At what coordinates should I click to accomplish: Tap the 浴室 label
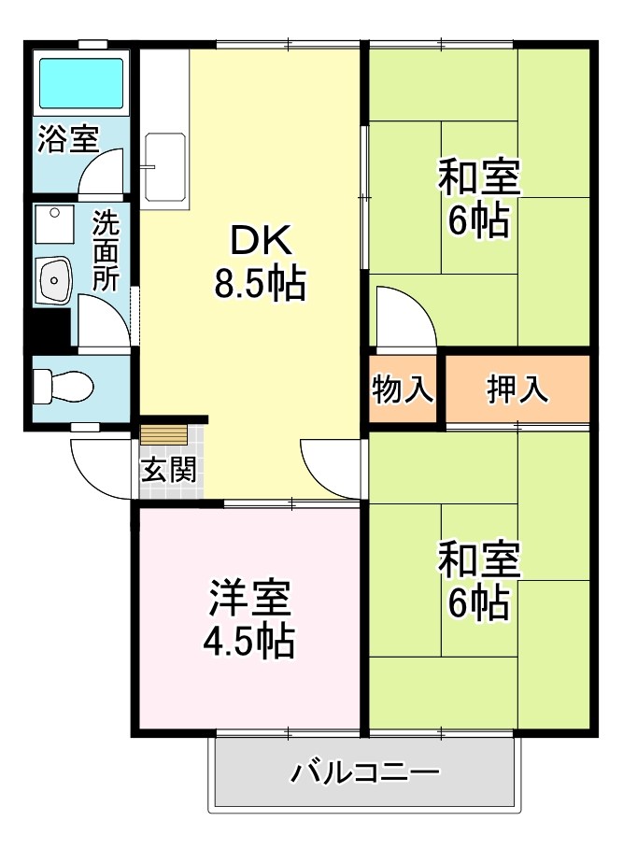coord(67,139)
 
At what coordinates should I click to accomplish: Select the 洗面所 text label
coord(105,251)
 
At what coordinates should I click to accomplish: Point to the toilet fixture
coord(62,385)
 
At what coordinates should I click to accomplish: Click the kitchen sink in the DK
coord(164,165)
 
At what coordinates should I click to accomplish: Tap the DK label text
coord(261,243)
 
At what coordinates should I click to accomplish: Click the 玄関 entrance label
coord(169,470)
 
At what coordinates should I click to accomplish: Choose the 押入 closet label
coord(517,389)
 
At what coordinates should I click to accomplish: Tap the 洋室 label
coord(248,599)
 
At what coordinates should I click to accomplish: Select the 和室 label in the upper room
coord(479,177)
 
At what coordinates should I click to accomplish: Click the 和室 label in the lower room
coord(479,560)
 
